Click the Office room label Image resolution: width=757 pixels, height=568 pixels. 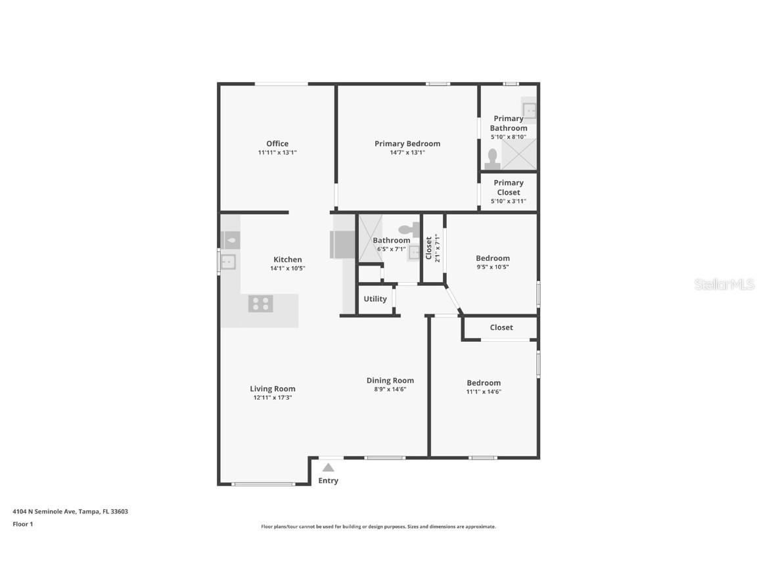pos(277,143)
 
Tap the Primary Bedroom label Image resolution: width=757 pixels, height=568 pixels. pos(407,143)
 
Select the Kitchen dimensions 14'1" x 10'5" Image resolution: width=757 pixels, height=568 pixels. pos(287,268)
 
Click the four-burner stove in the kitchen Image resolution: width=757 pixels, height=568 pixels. pos(260,304)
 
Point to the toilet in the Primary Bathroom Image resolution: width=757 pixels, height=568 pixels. pos(492,158)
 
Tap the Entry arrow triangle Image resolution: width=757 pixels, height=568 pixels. pos(328,467)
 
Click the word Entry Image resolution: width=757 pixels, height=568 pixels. pos(328,481)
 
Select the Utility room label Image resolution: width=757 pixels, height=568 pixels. pos(375,298)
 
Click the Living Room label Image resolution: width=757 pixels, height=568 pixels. pos(272,389)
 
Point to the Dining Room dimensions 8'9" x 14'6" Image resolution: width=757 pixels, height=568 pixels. pos(390,389)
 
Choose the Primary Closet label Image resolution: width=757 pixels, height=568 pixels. pos(509,187)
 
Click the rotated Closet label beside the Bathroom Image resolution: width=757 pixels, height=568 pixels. pos(429,248)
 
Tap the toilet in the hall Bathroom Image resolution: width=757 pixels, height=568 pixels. pos(409,229)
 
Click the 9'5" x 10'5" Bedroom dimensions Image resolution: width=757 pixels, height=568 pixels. pos(493,267)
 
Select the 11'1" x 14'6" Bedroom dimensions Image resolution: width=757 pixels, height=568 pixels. pos(484,392)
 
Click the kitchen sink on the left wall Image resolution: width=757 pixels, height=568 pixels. pos(227,262)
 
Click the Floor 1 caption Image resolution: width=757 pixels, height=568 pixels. pos(22,524)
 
